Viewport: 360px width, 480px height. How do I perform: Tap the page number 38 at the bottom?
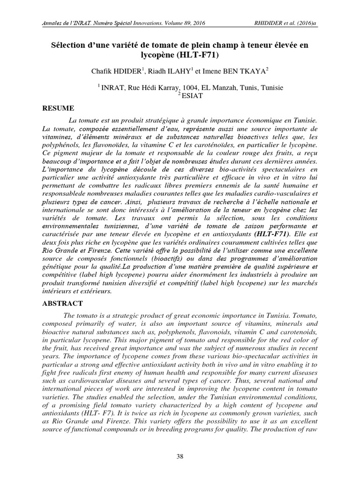tap(180, 457)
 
